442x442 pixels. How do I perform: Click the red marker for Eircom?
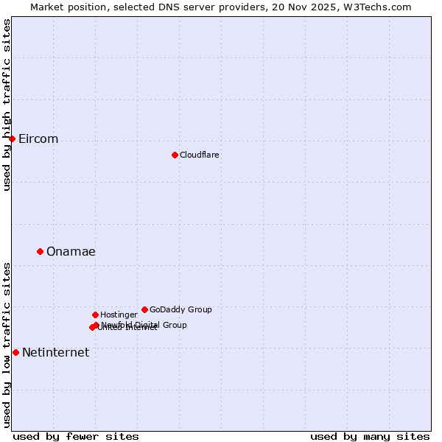click(x=12, y=138)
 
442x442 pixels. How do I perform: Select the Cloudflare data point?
click(x=175, y=155)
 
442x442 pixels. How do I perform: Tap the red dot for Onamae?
click(x=40, y=251)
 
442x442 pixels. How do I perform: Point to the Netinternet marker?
click(x=15, y=352)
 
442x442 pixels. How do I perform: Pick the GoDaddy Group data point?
click(x=144, y=309)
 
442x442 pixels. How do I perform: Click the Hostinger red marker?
click(x=95, y=315)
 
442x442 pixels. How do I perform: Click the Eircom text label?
click(x=38, y=139)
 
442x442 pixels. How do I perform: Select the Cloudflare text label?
click(x=199, y=155)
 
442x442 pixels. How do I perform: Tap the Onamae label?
click(x=71, y=252)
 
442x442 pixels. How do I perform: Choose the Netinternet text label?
click(x=55, y=353)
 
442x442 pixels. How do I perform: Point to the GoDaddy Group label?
click(x=180, y=309)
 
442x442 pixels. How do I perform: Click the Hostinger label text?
click(x=119, y=315)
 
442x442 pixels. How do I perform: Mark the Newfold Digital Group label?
click(x=144, y=325)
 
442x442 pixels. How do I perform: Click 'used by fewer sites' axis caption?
click(x=76, y=436)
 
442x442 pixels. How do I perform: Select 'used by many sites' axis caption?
click(x=370, y=436)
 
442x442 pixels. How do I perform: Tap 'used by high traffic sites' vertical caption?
click(x=7, y=105)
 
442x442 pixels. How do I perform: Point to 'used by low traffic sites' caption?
click(x=7, y=345)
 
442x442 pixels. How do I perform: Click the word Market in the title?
click(x=47, y=7)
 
